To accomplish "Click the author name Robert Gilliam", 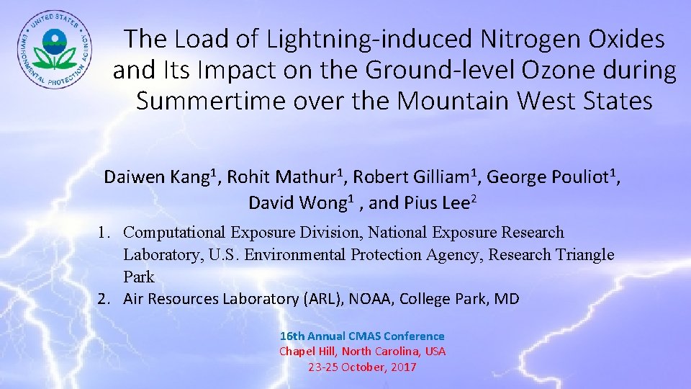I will [x=413, y=177].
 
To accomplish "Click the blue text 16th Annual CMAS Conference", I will [x=362, y=336].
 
